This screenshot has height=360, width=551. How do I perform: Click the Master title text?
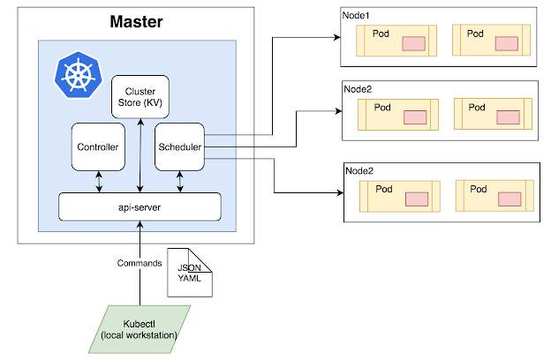tap(136, 20)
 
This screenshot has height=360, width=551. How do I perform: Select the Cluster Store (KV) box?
tap(140, 96)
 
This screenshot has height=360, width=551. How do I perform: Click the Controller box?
tap(98, 147)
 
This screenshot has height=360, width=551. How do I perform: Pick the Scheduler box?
tap(179, 147)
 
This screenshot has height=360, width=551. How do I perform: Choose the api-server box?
tap(139, 206)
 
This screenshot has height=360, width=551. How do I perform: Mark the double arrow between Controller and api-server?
tap(98, 181)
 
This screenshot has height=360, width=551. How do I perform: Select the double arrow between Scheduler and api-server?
tap(180, 181)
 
